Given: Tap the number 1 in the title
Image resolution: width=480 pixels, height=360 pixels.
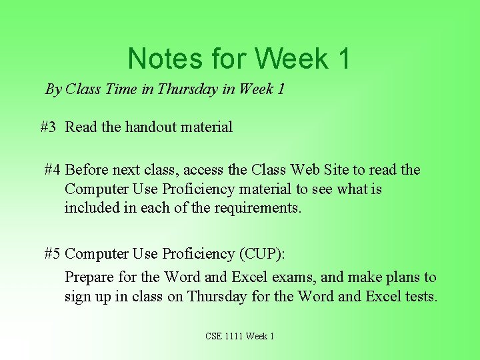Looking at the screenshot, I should coord(343,59).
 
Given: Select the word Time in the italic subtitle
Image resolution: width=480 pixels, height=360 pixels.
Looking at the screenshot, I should coord(121,89).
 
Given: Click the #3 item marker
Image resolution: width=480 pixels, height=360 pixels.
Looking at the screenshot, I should coord(48,127).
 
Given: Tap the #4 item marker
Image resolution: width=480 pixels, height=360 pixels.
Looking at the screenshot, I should coord(53,170).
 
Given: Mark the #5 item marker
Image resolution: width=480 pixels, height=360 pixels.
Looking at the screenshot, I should coord(53,254).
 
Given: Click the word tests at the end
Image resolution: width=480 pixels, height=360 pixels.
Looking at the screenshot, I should coord(421,296).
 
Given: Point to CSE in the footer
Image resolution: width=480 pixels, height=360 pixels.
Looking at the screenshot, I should coord(215,336).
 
